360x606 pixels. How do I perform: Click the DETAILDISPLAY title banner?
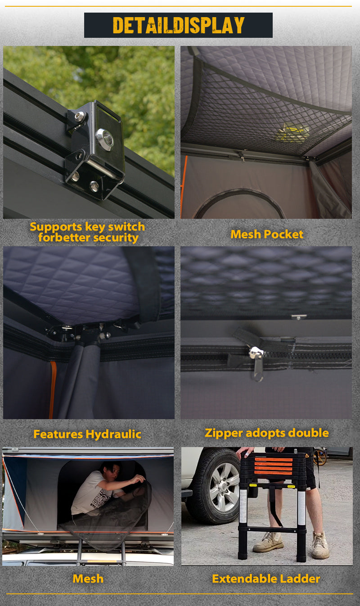point(178,25)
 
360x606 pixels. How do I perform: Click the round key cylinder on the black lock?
point(105,139)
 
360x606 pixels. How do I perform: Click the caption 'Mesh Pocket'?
point(267,234)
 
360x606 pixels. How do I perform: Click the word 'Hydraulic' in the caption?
point(113,434)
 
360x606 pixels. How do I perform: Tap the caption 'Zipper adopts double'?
point(267,433)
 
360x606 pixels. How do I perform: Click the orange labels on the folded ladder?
point(273,466)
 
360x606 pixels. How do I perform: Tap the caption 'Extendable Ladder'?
point(266,579)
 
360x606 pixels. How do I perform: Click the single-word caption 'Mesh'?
point(88,579)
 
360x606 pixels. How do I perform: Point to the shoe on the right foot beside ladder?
point(320,545)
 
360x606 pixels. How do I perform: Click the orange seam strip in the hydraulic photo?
point(52,389)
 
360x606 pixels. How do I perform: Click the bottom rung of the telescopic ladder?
point(272,529)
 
